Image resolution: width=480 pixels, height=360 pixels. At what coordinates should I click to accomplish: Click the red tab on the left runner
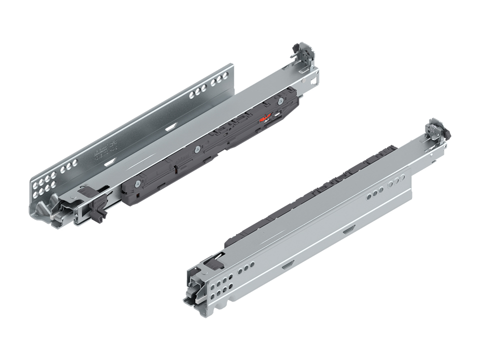coord(266,118)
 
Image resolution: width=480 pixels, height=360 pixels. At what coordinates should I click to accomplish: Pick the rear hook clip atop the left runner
coord(301,53)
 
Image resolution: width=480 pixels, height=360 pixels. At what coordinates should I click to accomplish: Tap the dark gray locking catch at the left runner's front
coord(97,208)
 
